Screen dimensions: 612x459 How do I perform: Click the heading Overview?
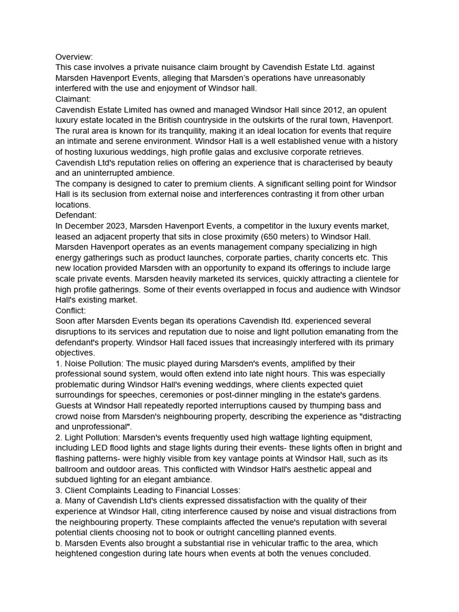(x=74, y=57)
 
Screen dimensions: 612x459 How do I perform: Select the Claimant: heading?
(x=74, y=99)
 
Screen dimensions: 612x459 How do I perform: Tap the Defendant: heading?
(x=76, y=215)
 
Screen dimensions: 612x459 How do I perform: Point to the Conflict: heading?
(x=71, y=311)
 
